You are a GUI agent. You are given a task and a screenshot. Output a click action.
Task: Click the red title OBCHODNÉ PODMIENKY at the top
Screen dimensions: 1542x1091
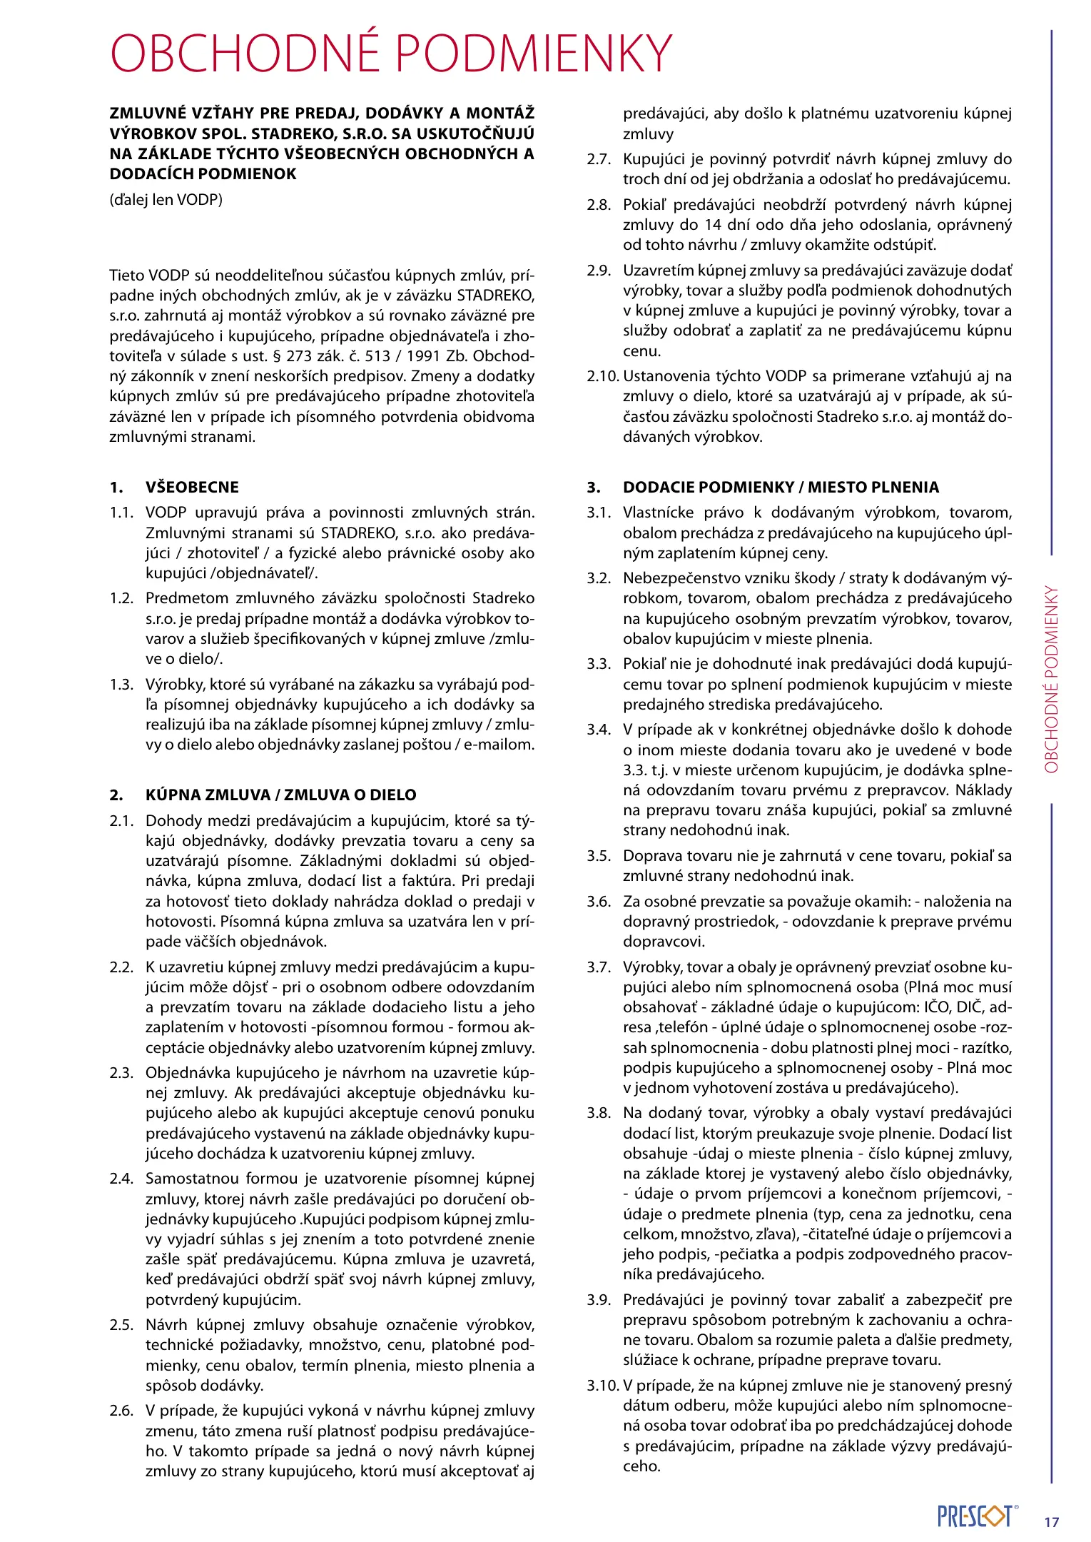(x=391, y=53)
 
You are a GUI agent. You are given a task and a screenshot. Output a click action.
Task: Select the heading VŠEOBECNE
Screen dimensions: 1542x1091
(x=192, y=487)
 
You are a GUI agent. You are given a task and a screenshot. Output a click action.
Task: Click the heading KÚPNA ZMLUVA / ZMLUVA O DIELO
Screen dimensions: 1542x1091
(x=280, y=795)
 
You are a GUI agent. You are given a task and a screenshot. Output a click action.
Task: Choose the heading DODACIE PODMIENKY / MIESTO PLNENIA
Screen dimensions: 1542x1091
(x=781, y=487)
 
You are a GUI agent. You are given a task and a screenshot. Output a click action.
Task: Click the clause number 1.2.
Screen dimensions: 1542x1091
(x=121, y=598)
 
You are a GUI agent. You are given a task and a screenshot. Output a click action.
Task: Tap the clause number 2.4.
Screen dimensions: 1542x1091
(x=121, y=1179)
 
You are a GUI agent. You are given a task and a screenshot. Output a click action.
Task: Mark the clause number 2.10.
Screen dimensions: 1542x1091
(x=602, y=376)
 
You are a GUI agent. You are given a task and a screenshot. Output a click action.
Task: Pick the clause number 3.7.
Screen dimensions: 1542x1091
(x=599, y=967)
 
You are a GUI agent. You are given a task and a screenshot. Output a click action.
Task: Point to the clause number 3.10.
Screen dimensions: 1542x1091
(x=602, y=1386)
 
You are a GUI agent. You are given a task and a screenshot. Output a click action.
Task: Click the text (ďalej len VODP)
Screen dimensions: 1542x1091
(x=166, y=199)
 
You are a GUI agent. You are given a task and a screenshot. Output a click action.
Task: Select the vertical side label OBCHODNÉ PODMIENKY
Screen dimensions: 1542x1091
(x=1051, y=680)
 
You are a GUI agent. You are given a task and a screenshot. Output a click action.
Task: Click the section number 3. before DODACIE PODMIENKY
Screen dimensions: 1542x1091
(x=594, y=487)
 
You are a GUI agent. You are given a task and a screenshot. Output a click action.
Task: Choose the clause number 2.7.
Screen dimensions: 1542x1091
(x=599, y=159)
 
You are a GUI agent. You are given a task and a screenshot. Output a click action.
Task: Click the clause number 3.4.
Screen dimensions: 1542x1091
(x=599, y=730)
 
